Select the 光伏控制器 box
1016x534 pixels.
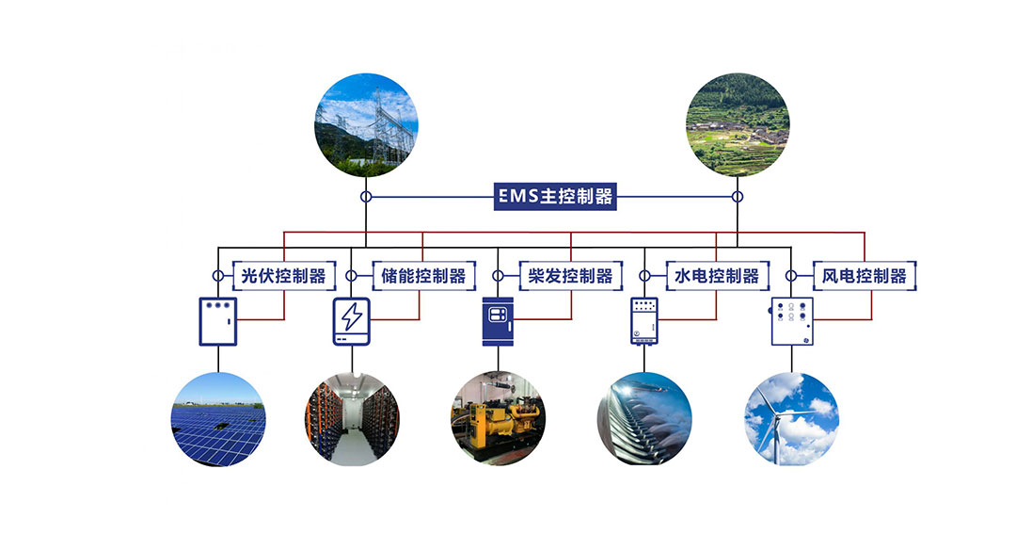pos(283,276)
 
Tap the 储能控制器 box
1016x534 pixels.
pos(423,276)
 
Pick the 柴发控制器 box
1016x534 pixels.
pos(570,276)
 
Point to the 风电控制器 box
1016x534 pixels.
pos(864,276)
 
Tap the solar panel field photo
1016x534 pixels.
pos(218,419)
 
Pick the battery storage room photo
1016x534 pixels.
pos(352,419)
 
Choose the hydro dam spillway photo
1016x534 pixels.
pos(644,419)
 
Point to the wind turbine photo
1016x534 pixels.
pos(791,419)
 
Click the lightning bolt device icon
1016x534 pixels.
pos(351,320)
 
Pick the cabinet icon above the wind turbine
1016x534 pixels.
pos(792,320)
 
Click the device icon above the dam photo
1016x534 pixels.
pos(644,320)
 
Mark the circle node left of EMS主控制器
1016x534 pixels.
pos(366,197)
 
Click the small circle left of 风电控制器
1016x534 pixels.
pos(791,276)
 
